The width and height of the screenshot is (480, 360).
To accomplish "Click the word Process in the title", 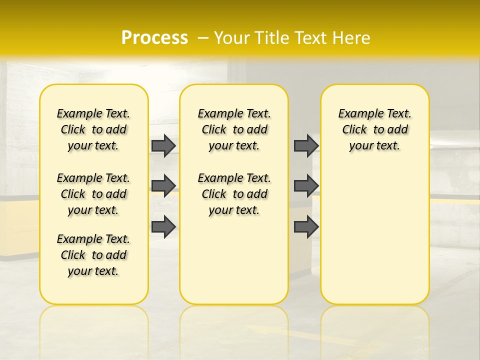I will coord(154,38).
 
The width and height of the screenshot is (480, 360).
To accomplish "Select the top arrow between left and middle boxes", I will coord(163,145).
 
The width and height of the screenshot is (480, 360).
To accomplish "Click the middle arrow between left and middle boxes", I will coord(163,186).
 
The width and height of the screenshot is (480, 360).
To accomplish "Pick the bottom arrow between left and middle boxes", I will coord(163,226).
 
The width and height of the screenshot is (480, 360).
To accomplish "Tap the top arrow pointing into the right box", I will coord(306,145).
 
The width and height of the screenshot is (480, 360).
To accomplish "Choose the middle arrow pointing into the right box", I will coord(306,186).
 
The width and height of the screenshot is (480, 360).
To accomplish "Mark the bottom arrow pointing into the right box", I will coord(306,226).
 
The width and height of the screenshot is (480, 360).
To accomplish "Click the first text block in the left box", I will coord(93,129).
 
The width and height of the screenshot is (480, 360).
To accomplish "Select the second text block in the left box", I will coord(93,194).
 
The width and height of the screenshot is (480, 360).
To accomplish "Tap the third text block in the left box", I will coord(93,255).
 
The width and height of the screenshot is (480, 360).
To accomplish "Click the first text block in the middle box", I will coord(234,129).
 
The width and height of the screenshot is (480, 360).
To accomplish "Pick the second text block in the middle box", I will coord(234,194).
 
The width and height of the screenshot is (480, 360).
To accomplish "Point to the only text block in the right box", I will coord(374,129).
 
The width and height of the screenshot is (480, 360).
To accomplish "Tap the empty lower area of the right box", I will coord(374,235).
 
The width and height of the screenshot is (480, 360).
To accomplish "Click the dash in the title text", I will coord(203,38).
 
